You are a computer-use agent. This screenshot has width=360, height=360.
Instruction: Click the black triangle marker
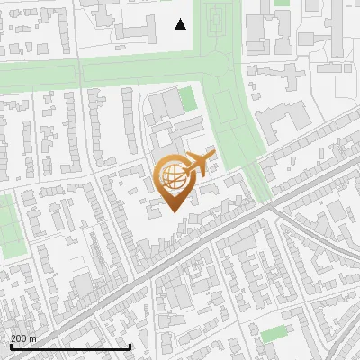pos(181,24)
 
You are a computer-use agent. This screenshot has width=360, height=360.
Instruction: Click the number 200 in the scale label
pos(19,338)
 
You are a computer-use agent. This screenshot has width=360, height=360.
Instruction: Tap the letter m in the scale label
pos(32,338)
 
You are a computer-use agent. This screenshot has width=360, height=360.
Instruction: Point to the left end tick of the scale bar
pos(10,346)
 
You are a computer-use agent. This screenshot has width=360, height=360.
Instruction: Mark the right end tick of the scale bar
pos(130,346)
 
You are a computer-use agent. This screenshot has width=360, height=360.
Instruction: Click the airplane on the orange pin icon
pos(198,166)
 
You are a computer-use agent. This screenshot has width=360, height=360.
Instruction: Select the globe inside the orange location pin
pos(173,178)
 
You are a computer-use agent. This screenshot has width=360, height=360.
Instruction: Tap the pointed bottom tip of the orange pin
pos(172,212)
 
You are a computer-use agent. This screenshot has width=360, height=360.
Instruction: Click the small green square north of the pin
pos(187,98)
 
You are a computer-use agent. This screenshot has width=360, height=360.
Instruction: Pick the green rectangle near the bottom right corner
pos(274,334)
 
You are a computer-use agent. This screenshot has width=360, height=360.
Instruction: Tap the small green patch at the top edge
pos(282,3)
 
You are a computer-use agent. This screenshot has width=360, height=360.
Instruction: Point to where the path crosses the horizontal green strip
pos(79,73)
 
